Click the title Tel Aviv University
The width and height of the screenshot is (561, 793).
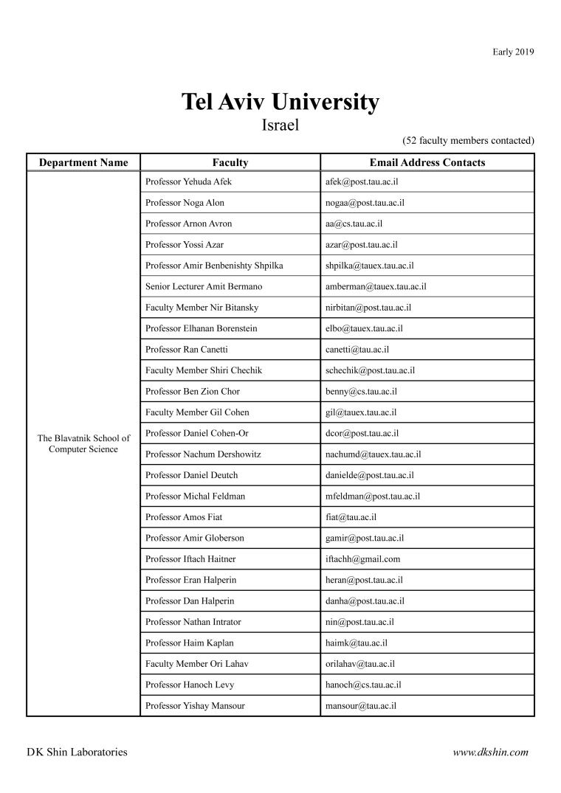click(x=280, y=102)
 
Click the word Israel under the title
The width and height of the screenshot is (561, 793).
click(x=280, y=125)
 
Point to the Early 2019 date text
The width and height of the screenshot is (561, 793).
click(x=513, y=52)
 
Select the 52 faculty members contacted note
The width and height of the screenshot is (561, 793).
click(x=468, y=140)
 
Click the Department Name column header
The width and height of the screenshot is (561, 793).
click(x=83, y=162)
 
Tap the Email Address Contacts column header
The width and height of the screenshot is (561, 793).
click(x=427, y=162)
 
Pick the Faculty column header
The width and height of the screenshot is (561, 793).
click(x=230, y=162)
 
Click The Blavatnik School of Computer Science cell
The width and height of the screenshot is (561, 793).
click(x=83, y=443)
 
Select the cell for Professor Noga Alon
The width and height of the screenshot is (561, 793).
click(x=185, y=203)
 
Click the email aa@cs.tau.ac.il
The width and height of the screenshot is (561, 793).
click(x=354, y=224)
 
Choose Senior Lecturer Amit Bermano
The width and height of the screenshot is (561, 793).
click(x=204, y=286)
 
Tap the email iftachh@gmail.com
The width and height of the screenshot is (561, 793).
click(x=362, y=559)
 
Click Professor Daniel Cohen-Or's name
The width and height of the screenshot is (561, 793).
click(x=197, y=433)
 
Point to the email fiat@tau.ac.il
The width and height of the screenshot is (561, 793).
click(x=351, y=517)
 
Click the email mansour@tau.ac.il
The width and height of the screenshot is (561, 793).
click(x=361, y=706)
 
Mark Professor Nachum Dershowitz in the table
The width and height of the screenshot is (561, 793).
click(x=203, y=454)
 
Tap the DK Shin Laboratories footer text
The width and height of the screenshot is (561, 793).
click(x=77, y=752)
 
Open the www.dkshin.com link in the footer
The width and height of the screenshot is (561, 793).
click(x=491, y=752)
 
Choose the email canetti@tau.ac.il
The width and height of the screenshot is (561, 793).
click(x=357, y=350)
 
